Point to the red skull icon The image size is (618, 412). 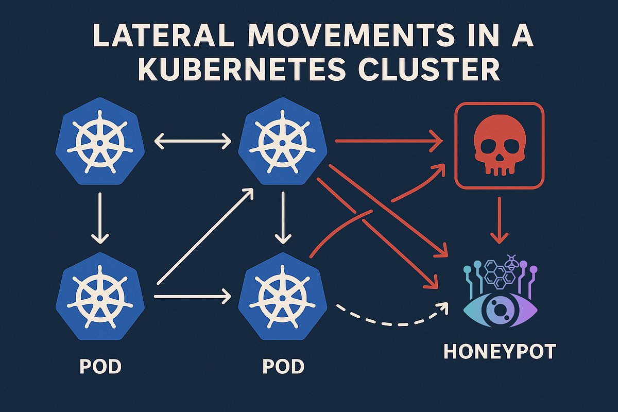498,145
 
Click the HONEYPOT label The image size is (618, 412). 500,352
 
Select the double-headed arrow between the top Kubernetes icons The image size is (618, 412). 193,141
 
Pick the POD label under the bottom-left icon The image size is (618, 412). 100,367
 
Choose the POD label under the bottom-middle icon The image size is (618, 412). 283,367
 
